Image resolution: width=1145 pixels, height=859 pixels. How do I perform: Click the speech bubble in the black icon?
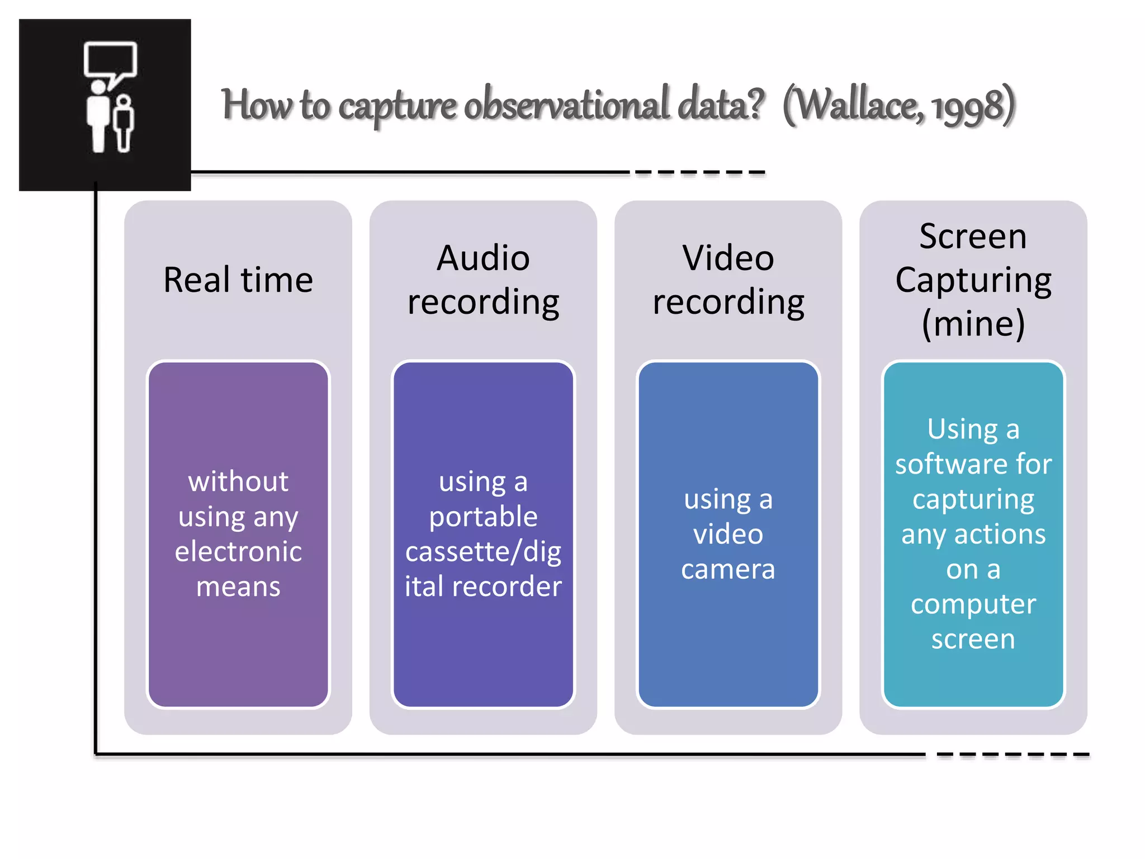tap(110, 60)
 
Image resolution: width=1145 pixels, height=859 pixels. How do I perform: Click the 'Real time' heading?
tap(238, 280)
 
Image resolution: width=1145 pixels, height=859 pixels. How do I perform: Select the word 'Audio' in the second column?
tap(483, 258)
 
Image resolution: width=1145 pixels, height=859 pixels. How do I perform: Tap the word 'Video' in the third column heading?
tap(728, 258)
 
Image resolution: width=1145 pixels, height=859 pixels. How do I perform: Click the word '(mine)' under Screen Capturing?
tap(973, 323)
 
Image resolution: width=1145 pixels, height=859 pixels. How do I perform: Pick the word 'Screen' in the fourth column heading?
tap(973, 237)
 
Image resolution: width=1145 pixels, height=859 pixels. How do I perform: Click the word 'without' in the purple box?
tap(238, 482)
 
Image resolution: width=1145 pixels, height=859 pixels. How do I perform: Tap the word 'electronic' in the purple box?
tap(238, 552)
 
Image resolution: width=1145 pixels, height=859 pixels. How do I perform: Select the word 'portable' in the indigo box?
tap(483, 517)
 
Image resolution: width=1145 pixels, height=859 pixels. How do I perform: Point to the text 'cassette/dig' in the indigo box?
tap(483, 552)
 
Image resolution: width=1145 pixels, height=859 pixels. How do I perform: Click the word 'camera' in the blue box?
tap(728, 569)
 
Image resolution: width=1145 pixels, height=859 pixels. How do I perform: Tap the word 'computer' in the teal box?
tap(973, 605)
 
